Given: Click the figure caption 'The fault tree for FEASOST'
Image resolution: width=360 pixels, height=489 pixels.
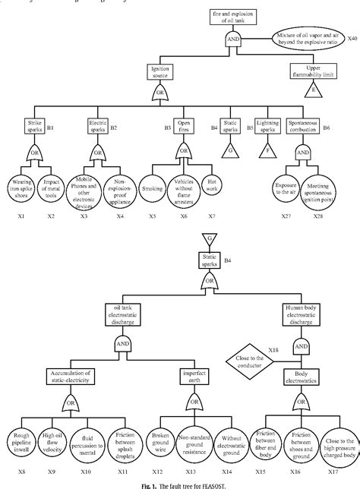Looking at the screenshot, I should coord(180,484).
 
